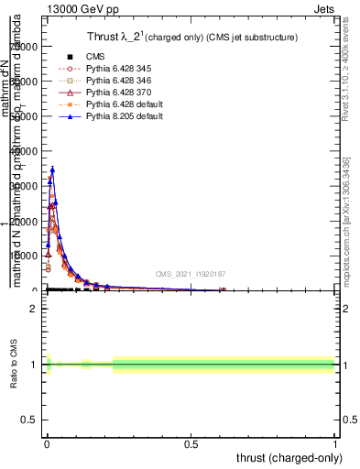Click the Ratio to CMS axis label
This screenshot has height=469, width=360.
pyautogui.click(x=15, y=365)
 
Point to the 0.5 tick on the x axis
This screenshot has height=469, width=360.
pyautogui.click(x=191, y=443)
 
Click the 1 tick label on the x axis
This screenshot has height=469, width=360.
pyautogui.click(x=335, y=443)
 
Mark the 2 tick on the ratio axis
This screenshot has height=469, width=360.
pyautogui.click(x=32, y=308)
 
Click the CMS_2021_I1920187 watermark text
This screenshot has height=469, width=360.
pyautogui.click(x=190, y=274)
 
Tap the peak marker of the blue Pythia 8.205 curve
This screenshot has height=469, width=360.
pyautogui.click(x=52, y=169)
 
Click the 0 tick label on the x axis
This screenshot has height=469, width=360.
pyautogui.click(x=47, y=443)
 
